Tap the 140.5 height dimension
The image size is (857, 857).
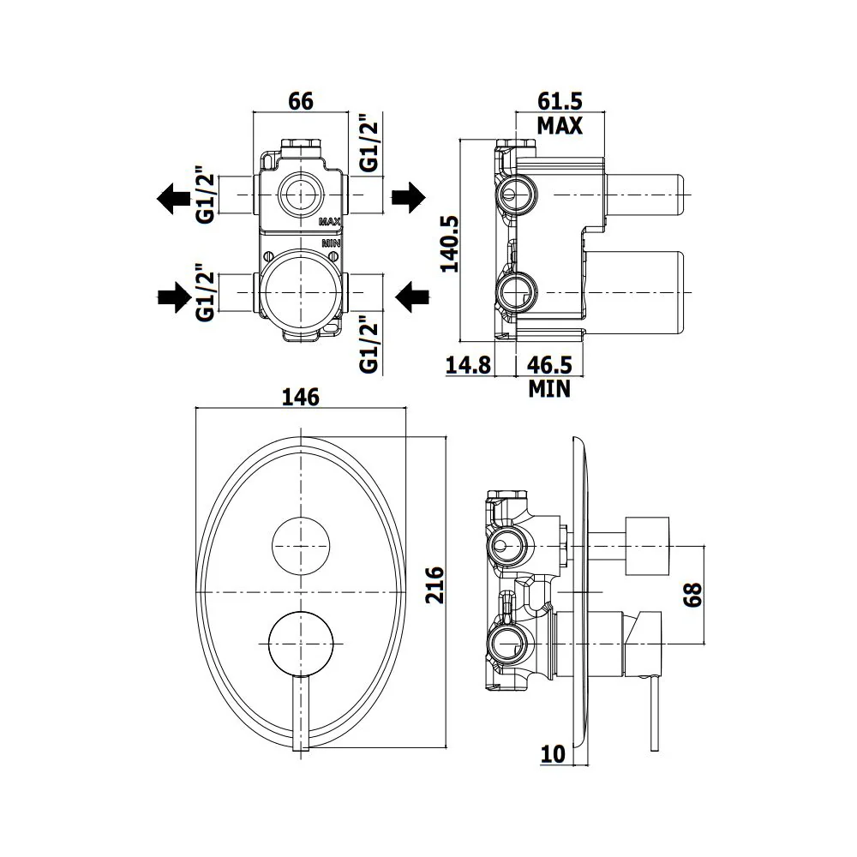pyautogui.click(x=451, y=243)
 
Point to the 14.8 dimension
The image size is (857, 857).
pyautogui.click(x=469, y=364)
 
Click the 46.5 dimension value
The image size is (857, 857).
pyautogui.click(x=549, y=364)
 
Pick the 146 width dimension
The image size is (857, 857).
pyautogui.click(x=301, y=397)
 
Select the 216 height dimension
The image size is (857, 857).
pyautogui.click(x=435, y=584)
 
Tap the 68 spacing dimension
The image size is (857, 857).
pyautogui.click(x=692, y=594)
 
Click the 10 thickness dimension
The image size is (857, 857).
pyautogui.click(x=553, y=754)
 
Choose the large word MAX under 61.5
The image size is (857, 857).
pyautogui.click(x=560, y=126)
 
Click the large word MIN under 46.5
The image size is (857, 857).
pyautogui.click(x=549, y=389)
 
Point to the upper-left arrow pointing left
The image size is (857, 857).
pyautogui.click(x=173, y=198)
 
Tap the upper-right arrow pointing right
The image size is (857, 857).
pyautogui.click(x=409, y=198)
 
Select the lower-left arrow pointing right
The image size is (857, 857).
pyautogui.click(x=174, y=297)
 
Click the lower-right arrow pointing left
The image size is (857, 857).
pyautogui.click(x=411, y=297)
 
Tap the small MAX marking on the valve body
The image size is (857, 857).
pyautogui.click(x=330, y=222)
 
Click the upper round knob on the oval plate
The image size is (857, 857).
pyautogui.click(x=301, y=545)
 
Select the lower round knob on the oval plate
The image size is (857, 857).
pyautogui.click(x=301, y=644)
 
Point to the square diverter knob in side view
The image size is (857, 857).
pyautogui.click(x=647, y=546)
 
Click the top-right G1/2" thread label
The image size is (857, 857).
pyautogui.click(x=369, y=142)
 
